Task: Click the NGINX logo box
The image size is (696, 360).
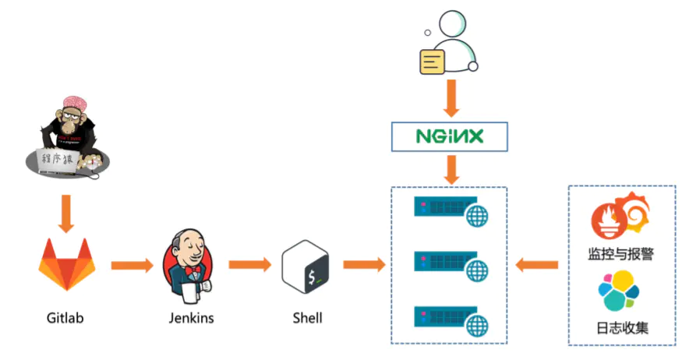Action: (449, 136)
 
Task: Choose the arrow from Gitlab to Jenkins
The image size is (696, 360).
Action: (132, 266)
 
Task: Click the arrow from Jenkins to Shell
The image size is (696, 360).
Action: (249, 266)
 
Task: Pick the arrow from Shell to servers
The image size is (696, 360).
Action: (364, 266)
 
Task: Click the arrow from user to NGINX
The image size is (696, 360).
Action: (449, 98)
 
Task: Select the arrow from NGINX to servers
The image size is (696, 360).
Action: (449, 168)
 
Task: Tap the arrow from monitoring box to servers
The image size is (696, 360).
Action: (537, 266)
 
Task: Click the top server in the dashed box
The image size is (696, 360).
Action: (449, 210)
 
